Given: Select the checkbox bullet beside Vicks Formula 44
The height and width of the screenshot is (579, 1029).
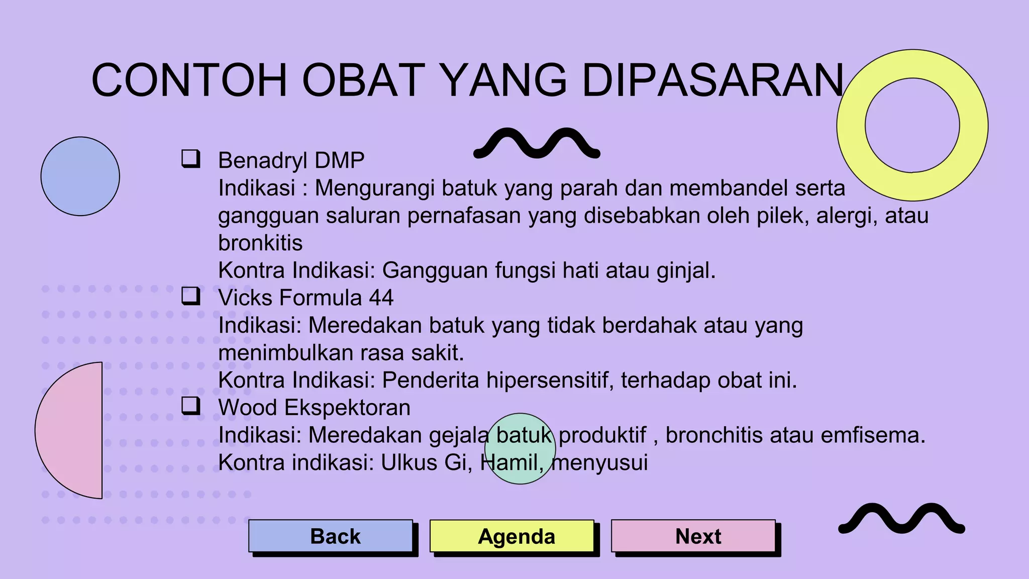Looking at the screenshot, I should [190, 296].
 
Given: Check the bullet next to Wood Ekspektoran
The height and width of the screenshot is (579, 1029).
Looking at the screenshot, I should [190, 406].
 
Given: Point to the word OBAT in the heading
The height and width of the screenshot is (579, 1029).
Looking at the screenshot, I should [364, 80].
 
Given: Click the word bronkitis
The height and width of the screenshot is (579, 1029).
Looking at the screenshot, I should [260, 243].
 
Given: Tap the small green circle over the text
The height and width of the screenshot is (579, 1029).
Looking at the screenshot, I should [520, 449].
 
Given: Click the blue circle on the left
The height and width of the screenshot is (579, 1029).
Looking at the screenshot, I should [80, 176].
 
